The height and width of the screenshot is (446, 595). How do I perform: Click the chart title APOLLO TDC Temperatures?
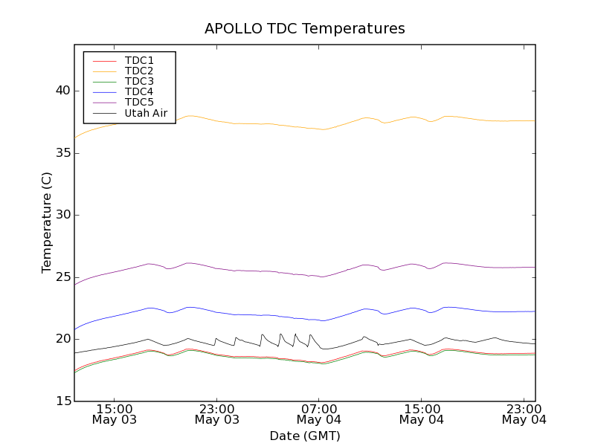click(304, 29)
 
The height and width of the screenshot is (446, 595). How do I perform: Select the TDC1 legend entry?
click(139, 60)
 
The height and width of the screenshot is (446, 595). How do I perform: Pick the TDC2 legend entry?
click(139, 71)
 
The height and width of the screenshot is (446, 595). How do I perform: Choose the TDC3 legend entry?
click(139, 81)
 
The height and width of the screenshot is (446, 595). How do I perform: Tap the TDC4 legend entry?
click(139, 92)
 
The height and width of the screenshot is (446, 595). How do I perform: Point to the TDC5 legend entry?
click(139, 103)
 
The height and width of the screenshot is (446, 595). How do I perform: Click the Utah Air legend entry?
click(146, 114)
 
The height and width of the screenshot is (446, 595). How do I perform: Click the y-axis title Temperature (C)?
click(47, 222)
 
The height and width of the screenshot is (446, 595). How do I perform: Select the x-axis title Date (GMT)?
click(304, 436)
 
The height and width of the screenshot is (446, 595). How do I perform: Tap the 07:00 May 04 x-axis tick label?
click(319, 414)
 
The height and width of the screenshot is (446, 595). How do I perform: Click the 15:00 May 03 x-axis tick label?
click(115, 414)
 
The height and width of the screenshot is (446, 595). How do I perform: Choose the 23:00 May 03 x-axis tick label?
click(216, 414)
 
